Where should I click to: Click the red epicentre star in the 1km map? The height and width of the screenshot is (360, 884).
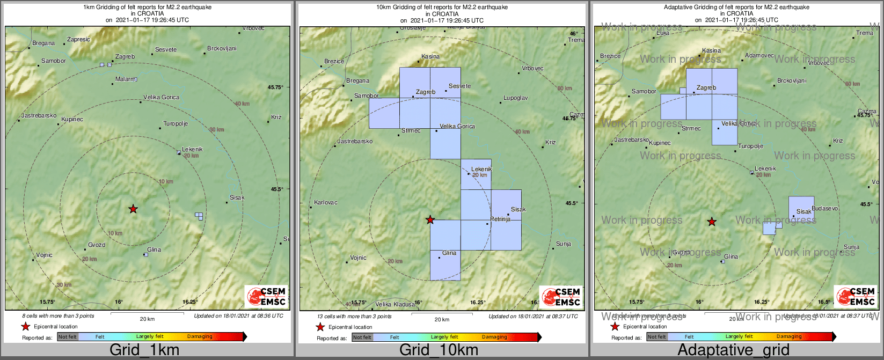(x=133, y=209)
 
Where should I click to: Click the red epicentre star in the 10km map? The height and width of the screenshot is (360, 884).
(x=430, y=219)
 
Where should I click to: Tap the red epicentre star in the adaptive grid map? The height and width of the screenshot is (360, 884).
(x=712, y=222)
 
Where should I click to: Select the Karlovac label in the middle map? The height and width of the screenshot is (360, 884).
(x=326, y=202)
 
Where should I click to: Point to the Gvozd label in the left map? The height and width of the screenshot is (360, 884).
(x=97, y=245)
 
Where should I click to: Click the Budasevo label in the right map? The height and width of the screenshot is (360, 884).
(x=825, y=208)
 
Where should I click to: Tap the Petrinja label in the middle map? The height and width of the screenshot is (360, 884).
(x=500, y=219)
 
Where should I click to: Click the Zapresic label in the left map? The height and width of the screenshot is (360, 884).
(x=78, y=39)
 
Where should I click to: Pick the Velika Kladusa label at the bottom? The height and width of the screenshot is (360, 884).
(x=395, y=304)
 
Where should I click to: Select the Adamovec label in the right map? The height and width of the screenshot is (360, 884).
(x=759, y=55)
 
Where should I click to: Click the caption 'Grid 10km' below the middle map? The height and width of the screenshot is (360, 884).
(x=439, y=350)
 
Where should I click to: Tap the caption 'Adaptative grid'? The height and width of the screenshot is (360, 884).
(x=733, y=350)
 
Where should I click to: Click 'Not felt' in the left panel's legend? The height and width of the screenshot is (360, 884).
(x=68, y=337)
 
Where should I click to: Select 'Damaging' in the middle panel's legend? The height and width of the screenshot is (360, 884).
(x=494, y=337)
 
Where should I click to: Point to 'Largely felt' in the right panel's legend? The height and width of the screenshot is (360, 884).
(x=739, y=336)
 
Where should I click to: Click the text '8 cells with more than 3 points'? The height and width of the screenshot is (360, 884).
(x=58, y=316)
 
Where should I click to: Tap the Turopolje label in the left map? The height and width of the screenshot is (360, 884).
(x=176, y=123)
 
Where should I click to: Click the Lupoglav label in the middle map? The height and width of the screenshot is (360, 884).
(x=515, y=98)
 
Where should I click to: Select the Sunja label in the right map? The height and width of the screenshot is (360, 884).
(x=851, y=247)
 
